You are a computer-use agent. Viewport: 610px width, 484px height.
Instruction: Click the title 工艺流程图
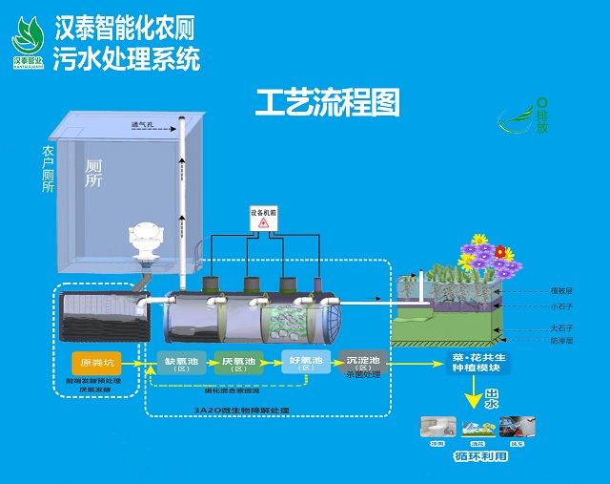click(x=327, y=102)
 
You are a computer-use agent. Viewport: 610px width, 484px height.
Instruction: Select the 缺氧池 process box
click(x=179, y=364)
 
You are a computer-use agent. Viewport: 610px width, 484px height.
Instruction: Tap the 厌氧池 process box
click(x=238, y=364)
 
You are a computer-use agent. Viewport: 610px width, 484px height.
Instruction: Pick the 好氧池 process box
click(x=303, y=364)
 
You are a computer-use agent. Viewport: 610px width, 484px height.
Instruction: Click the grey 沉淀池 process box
click(x=363, y=364)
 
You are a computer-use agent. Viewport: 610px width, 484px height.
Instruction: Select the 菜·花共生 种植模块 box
click(x=468, y=363)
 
